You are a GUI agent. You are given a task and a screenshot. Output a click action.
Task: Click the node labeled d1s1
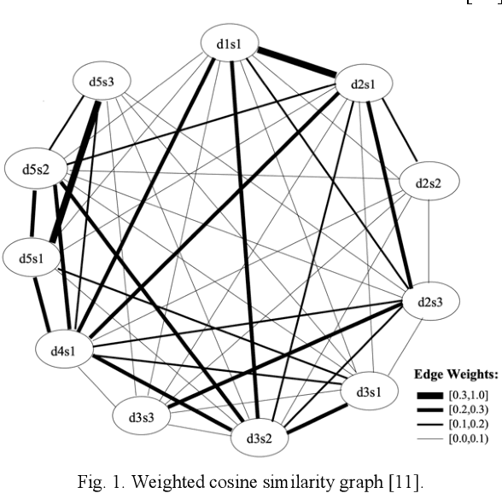[x=229, y=43]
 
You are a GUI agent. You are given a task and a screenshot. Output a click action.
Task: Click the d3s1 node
[x=370, y=391]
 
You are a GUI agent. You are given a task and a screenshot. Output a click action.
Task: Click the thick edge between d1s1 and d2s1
[x=295, y=61]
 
